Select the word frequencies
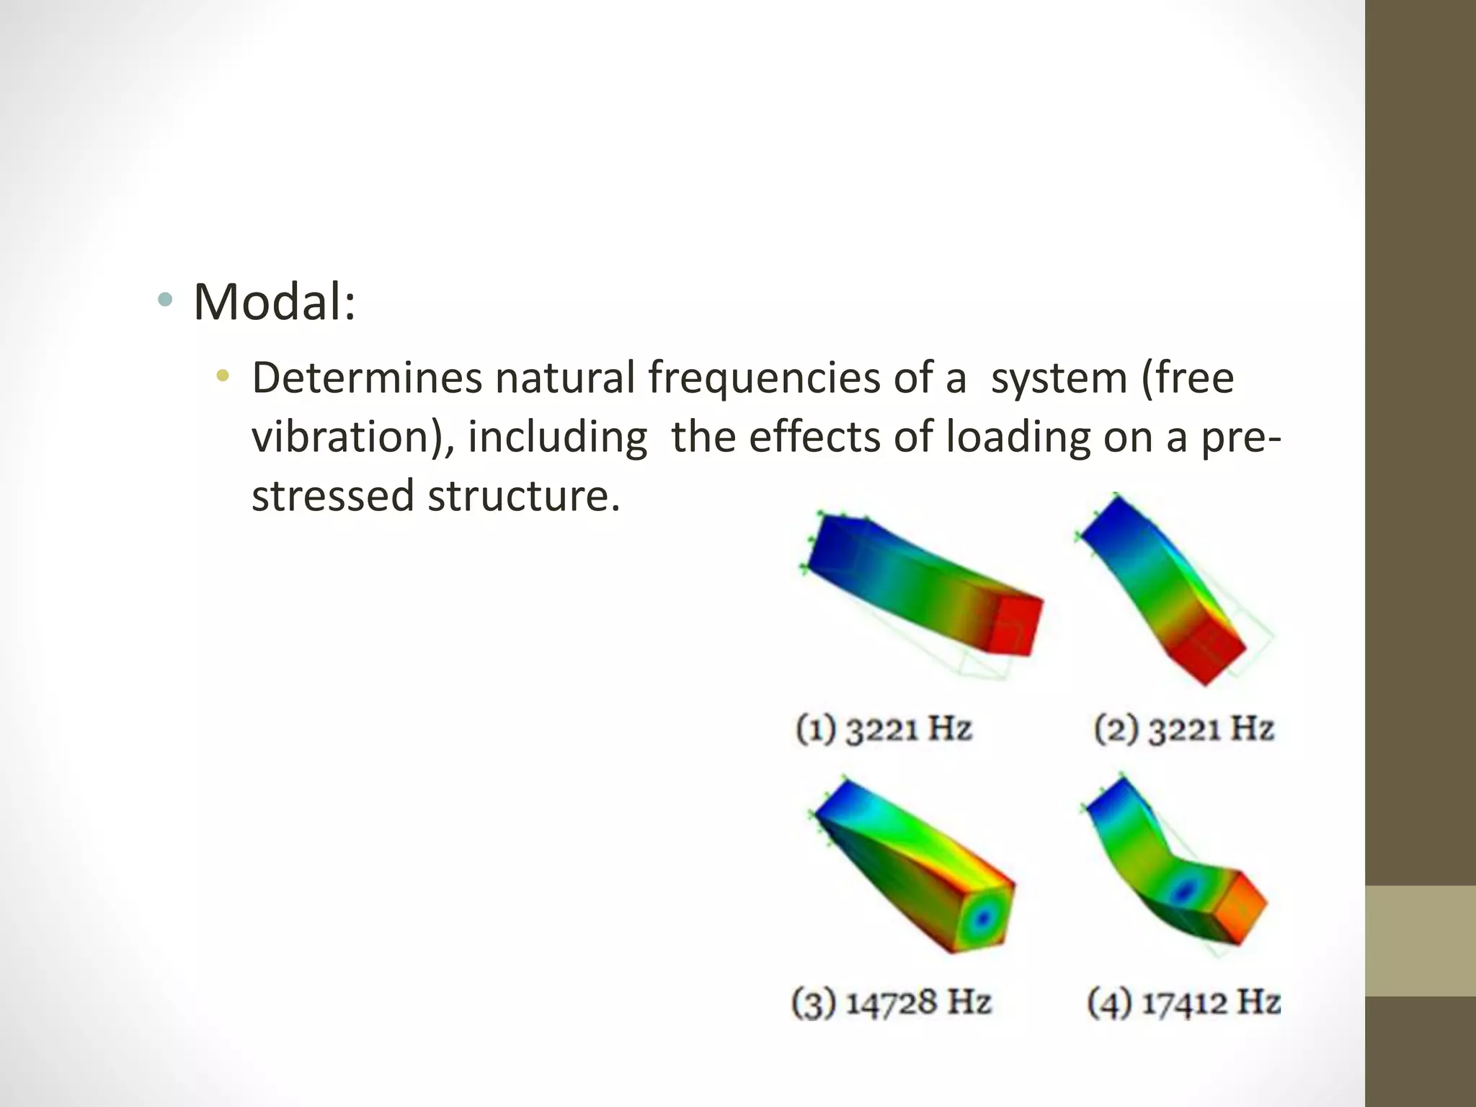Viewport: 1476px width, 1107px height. click(x=764, y=378)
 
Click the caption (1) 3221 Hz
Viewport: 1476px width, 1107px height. click(x=884, y=729)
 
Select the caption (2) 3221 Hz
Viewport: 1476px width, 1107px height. click(x=1184, y=729)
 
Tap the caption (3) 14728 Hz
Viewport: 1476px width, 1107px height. click(x=892, y=1002)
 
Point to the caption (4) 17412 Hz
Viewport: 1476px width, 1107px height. click(x=1184, y=1002)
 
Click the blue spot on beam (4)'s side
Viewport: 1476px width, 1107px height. click(x=1183, y=892)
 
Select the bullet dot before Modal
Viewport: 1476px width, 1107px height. click(x=166, y=300)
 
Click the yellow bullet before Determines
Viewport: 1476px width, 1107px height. click(x=223, y=375)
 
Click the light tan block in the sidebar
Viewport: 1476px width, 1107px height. click(x=1421, y=941)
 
